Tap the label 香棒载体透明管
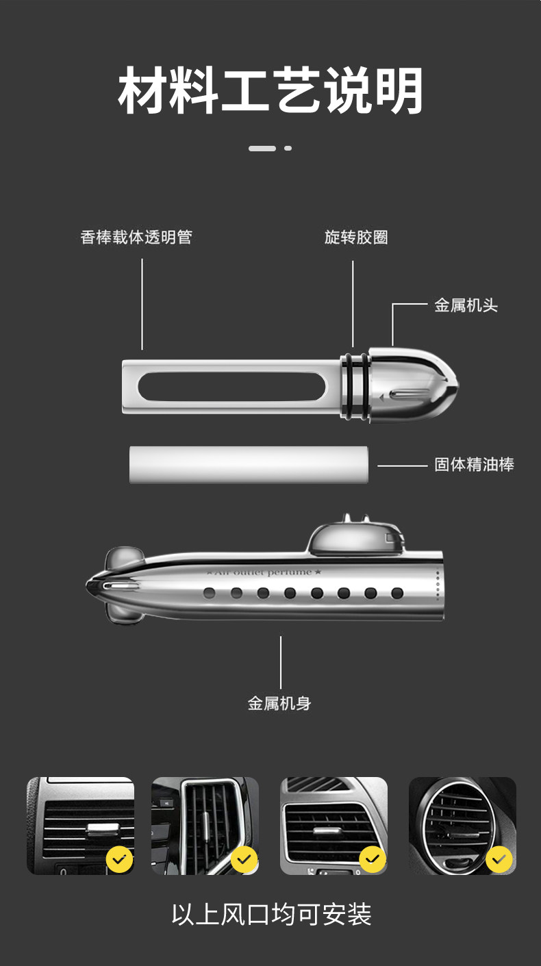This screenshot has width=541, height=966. click(136, 238)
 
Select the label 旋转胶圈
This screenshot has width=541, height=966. click(356, 238)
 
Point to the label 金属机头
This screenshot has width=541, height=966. click(466, 305)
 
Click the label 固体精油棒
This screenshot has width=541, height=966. click(474, 465)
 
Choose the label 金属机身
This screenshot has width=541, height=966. click(279, 703)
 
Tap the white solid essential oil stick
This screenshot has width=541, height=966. click(249, 465)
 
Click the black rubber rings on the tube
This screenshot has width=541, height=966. click(353, 387)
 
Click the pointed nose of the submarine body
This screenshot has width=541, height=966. click(96, 586)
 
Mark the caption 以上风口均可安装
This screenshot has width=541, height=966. click(271, 915)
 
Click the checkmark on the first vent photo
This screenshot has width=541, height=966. click(120, 859)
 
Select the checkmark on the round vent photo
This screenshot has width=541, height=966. click(499, 859)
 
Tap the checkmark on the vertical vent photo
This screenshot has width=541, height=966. click(244, 859)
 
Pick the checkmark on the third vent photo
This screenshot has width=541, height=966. click(372, 859)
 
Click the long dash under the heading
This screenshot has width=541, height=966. click(262, 148)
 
